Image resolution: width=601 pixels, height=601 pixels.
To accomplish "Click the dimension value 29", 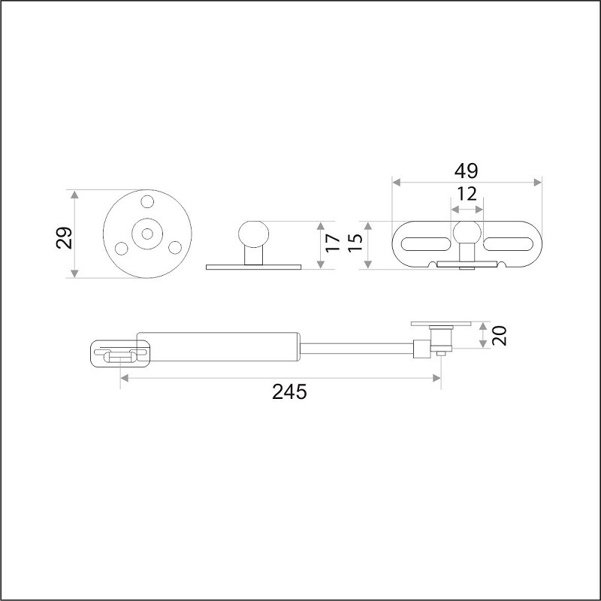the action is (x=64, y=238).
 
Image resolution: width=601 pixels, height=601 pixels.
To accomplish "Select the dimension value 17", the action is (x=333, y=243).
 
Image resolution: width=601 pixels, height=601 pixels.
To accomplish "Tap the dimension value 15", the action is (x=355, y=243).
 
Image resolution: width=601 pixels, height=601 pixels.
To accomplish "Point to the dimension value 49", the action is (x=466, y=171).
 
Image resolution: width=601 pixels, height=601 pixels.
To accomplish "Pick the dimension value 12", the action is (x=467, y=194).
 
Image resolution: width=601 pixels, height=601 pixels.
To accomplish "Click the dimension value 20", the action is (x=499, y=335).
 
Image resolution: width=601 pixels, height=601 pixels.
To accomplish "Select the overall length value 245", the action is (x=289, y=391).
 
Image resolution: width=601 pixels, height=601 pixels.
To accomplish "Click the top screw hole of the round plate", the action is (x=147, y=201).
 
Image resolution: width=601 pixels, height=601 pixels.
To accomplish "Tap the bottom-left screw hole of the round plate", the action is (x=121, y=249).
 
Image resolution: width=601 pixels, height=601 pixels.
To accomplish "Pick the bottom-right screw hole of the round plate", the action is (x=175, y=247).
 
